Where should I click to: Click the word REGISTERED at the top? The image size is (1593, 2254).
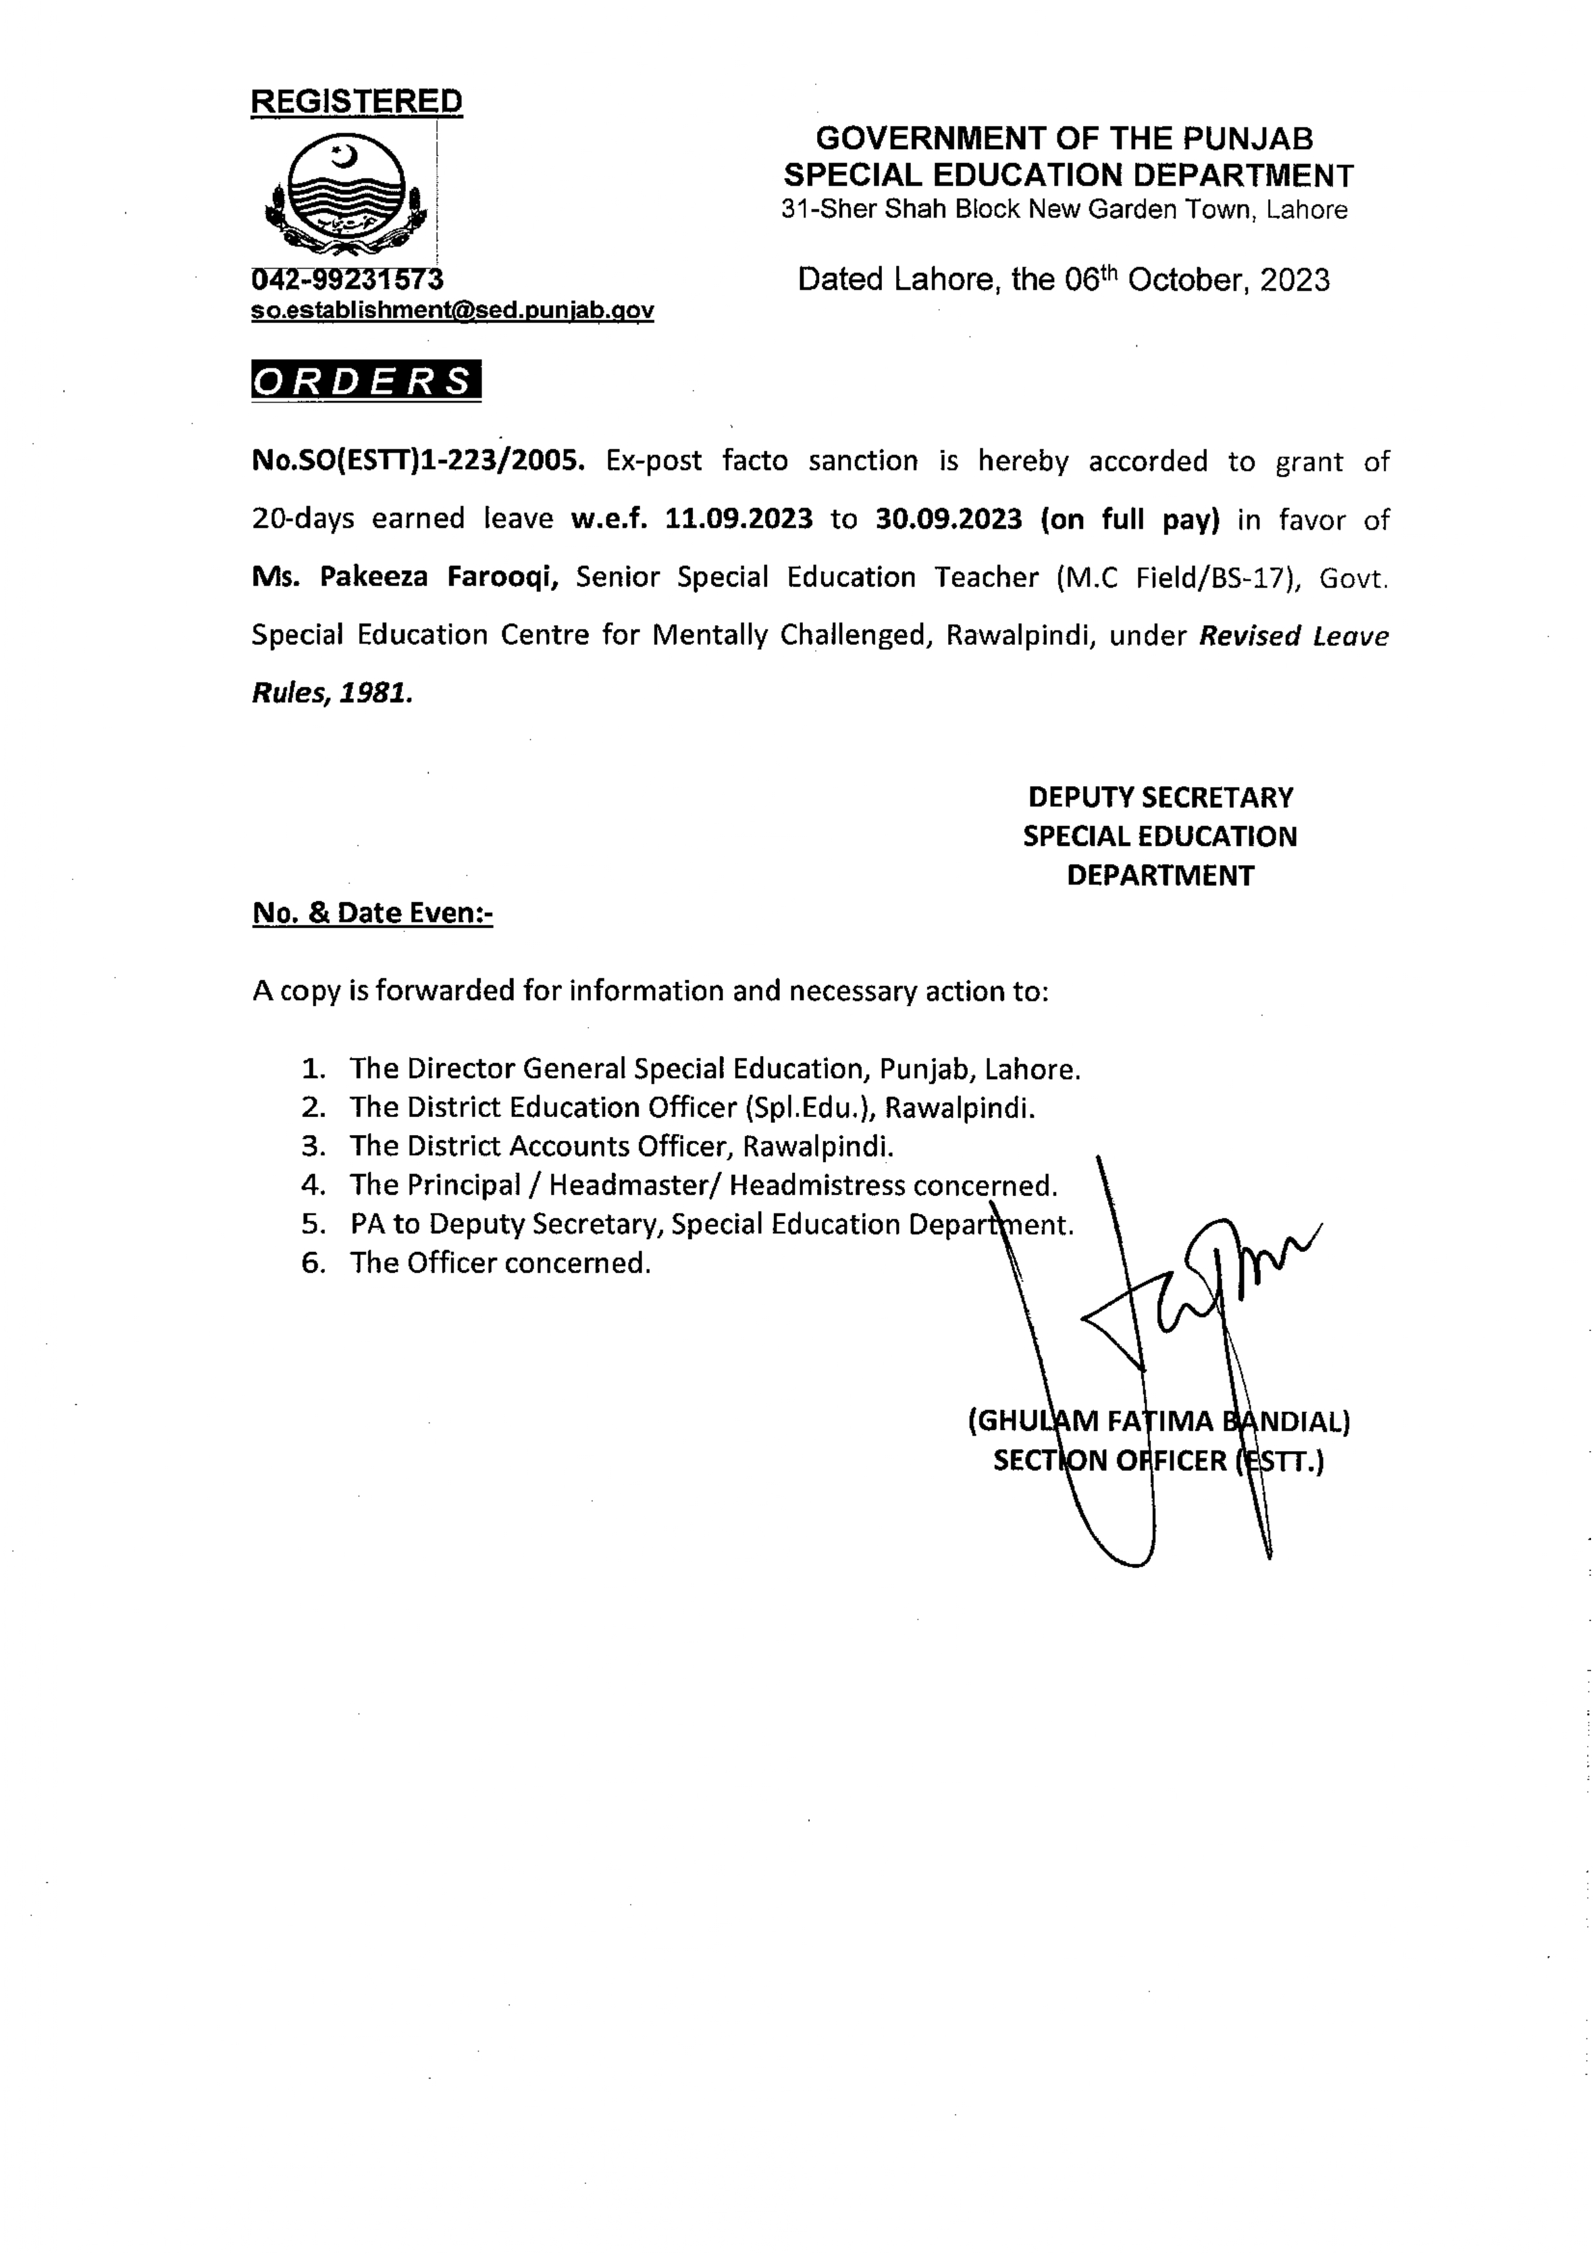[x=356, y=101]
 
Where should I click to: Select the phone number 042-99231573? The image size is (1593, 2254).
[x=348, y=280]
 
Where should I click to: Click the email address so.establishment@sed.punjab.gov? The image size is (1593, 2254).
[x=452, y=310]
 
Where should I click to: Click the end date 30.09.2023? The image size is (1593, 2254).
[x=949, y=518]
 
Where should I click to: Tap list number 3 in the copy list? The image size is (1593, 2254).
[x=313, y=1146]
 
